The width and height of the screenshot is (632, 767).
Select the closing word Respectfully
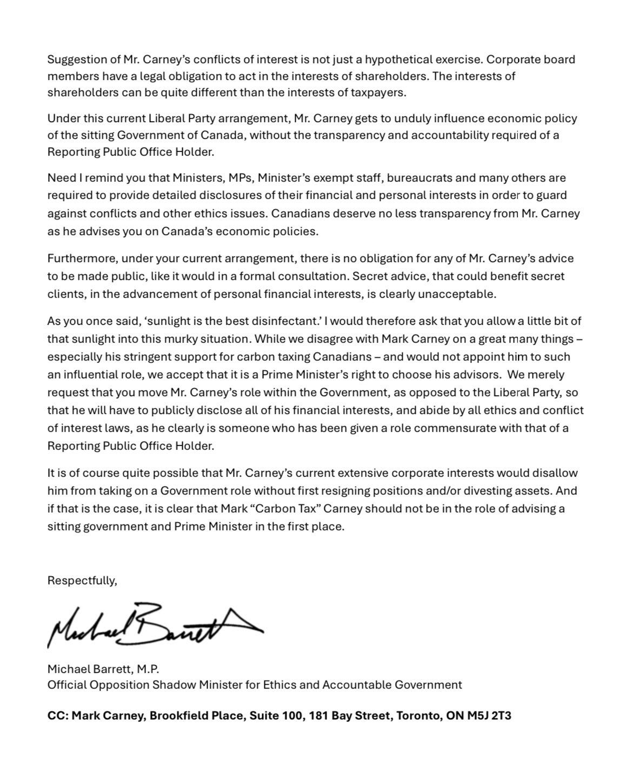click(82, 581)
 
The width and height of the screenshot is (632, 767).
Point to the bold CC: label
click(57, 716)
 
